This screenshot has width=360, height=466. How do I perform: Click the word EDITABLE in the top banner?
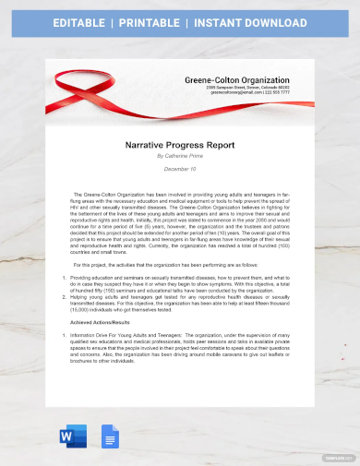point(81,22)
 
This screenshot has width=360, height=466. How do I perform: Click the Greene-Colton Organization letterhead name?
point(237,79)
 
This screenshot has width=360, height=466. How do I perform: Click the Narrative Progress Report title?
point(180,145)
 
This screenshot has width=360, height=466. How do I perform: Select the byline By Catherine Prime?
point(180,156)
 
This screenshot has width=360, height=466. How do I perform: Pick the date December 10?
point(180,170)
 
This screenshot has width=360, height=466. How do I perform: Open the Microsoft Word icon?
point(73,436)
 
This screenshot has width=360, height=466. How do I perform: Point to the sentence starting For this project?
point(138,264)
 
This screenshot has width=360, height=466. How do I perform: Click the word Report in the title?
point(219,145)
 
